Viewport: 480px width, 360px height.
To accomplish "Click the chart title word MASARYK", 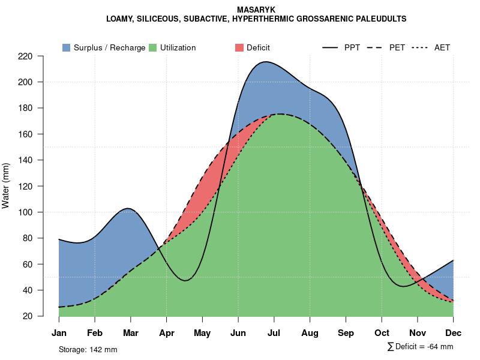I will click(x=256, y=10).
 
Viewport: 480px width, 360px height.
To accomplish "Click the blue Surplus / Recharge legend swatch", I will click(x=66, y=47).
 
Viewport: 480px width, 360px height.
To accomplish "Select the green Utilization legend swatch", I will click(x=152, y=47).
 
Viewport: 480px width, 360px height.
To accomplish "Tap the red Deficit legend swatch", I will click(x=239, y=47).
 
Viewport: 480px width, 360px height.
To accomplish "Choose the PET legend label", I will click(x=397, y=47).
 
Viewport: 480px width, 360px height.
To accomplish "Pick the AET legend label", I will click(x=442, y=47).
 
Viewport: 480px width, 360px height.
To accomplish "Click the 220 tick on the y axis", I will click(x=25, y=56).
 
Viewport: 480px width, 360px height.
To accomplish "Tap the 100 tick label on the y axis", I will click(x=25, y=212).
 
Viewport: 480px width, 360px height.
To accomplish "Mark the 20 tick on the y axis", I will click(x=28, y=316).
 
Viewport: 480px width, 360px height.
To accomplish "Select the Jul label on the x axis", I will click(x=274, y=333).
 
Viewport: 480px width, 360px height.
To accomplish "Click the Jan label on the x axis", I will click(x=59, y=333).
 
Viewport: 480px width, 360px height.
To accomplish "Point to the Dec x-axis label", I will click(x=454, y=333).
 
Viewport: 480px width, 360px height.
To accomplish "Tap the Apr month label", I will click(x=167, y=333).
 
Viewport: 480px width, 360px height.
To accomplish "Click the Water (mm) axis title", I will click(x=6, y=186).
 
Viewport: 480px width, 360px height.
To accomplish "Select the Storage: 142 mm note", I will click(x=88, y=349).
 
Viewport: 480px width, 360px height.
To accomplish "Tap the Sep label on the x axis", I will click(x=346, y=333).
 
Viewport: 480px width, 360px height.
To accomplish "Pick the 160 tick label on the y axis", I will click(x=25, y=134).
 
